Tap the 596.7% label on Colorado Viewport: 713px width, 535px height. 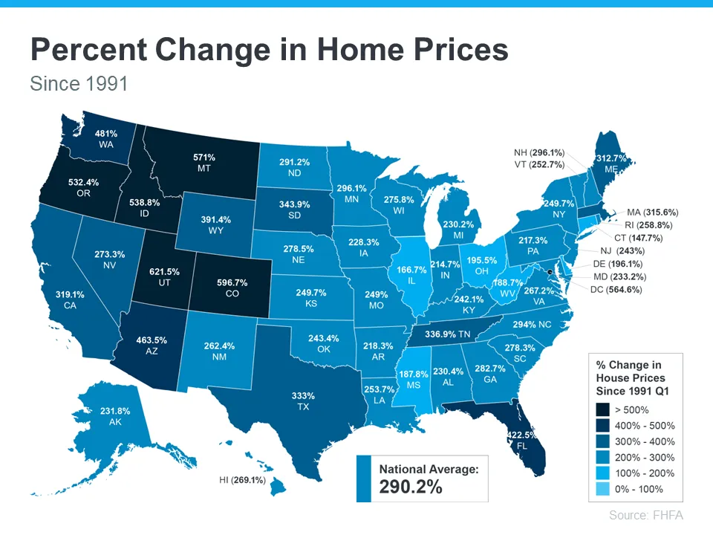coord(227,283)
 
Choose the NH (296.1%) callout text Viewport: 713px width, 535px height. coord(539,153)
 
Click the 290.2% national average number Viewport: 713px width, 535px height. coord(411,487)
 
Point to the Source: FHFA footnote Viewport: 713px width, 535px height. coord(645,515)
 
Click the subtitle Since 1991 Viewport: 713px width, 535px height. coord(79,83)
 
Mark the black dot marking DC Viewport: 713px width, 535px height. coord(549,273)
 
